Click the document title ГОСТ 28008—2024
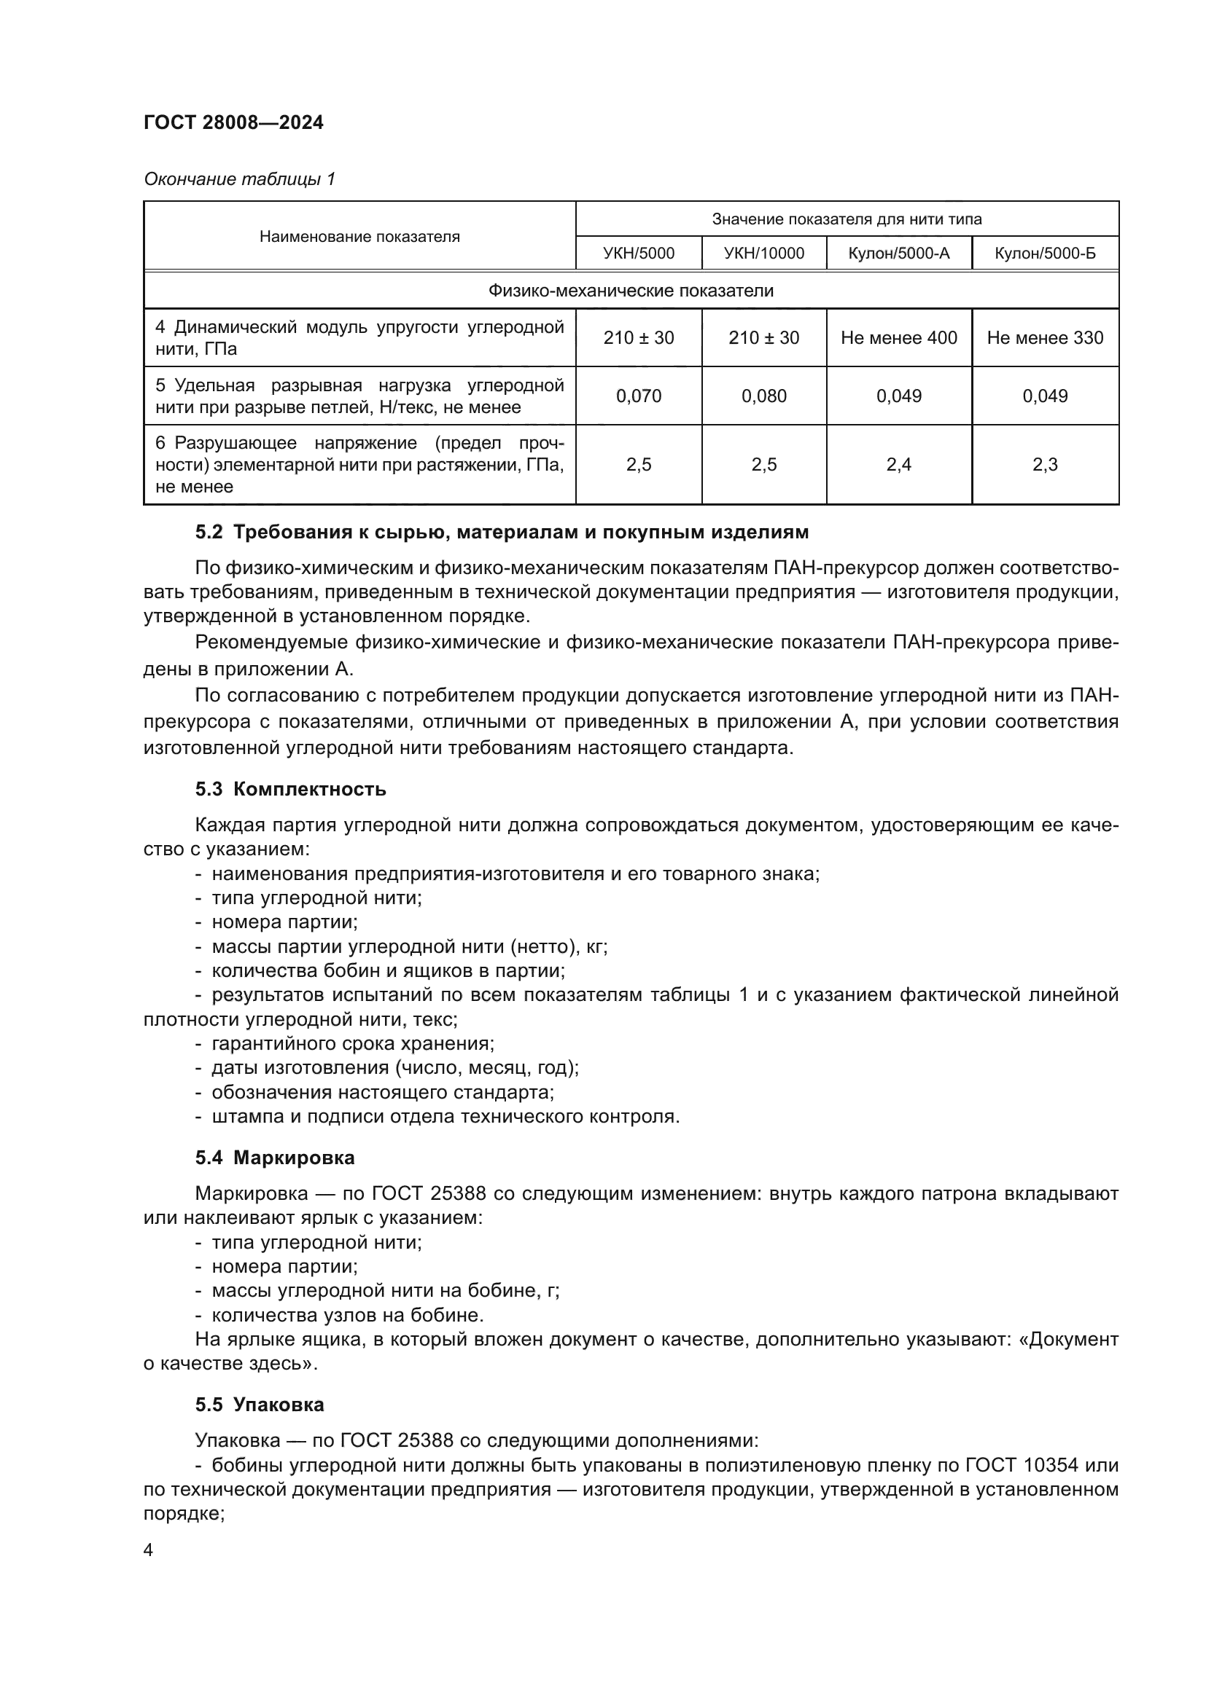pos(233,122)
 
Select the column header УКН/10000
pos(763,254)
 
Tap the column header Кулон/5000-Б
pos(1045,254)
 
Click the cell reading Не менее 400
pos(898,338)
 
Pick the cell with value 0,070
pos(639,396)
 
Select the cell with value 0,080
pos(763,396)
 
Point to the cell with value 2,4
pos(898,465)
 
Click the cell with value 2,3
pos(1045,465)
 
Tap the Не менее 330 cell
pos(1045,338)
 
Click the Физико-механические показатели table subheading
pos(631,291)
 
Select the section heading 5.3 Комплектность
pos(290,789)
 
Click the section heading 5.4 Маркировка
pos(275,1158)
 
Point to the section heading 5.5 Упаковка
pos(260,1405)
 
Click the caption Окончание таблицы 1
pos(239,179)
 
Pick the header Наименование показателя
pos(359,237)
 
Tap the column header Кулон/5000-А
pos(898,254)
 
